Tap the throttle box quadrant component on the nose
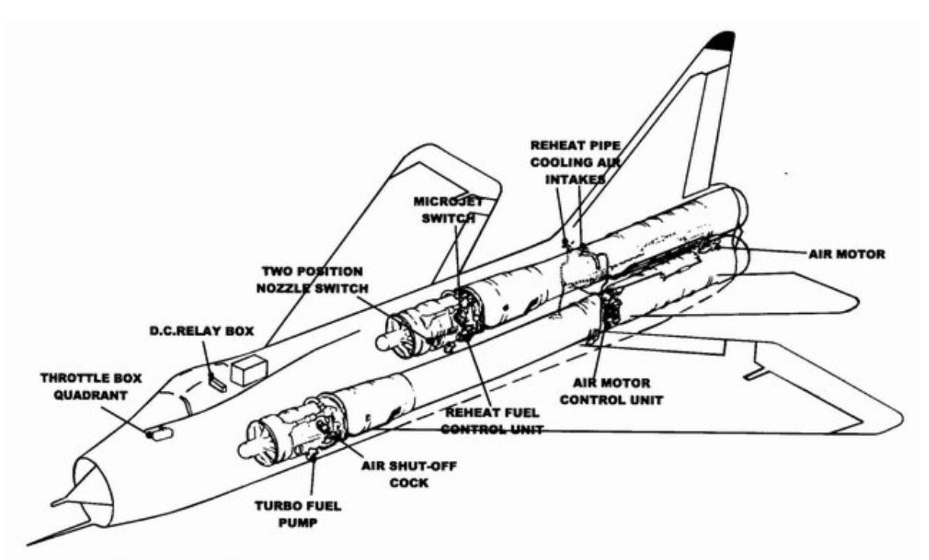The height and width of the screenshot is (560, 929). [x=159, y=434]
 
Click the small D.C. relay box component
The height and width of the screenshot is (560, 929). [x=217, y=383]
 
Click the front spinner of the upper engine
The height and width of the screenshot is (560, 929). [x=384, y=341]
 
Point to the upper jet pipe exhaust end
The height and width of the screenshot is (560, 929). [x=737, y=204]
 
